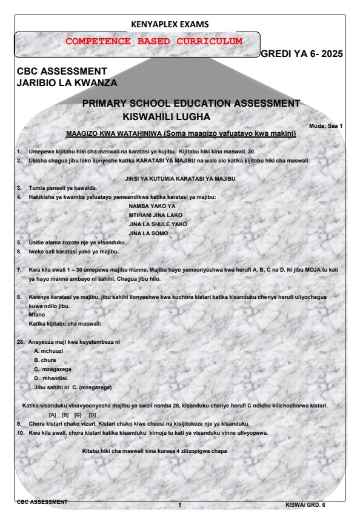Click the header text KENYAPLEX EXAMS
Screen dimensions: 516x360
(179, 24)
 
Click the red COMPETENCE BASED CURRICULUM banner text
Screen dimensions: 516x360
(137, 41)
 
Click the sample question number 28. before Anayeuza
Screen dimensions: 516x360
(20, 342)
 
